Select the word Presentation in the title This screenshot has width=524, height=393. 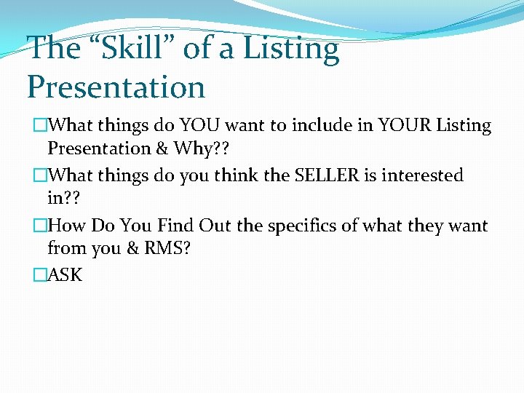pos(116,87)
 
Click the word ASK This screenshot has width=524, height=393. pos(65,275)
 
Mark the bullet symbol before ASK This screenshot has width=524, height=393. pos(39,275)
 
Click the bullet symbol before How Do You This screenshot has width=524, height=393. pos(39,226)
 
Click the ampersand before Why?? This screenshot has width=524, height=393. pos(160,148)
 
